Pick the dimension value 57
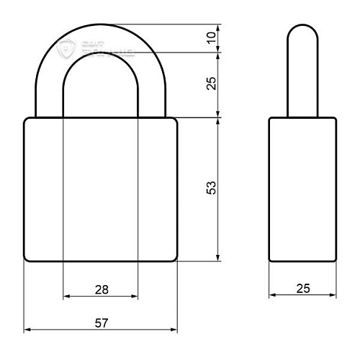102,323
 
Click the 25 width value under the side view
303,289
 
